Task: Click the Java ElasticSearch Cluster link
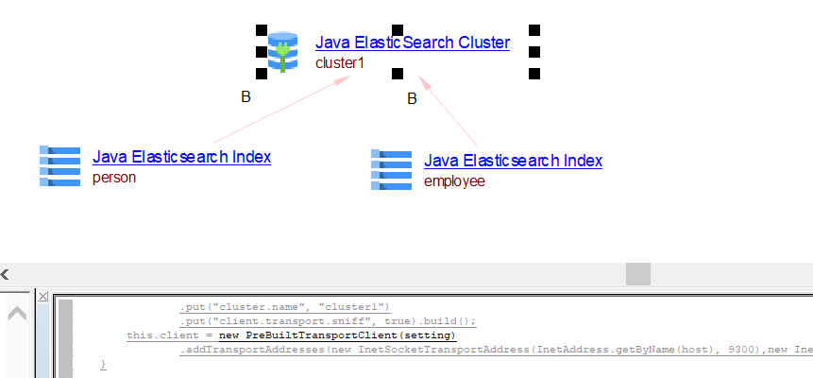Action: click(413, 43)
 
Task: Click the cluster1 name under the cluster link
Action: click(340, 62)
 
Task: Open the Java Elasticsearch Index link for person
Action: click(181, 157)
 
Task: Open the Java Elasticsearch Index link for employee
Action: click(513, 161)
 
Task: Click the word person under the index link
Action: click(114, 177)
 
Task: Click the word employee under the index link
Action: click(454, 180)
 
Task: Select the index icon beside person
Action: click(60, 166)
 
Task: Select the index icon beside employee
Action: click(391, 169)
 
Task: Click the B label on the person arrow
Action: click(246, 96)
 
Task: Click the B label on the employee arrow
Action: click(412, 98)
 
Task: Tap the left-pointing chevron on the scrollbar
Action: click(5, 274)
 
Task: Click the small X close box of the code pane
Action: click(43, 297)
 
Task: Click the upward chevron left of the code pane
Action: click(17, 314)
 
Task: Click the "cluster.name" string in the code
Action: click(247, 307)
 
